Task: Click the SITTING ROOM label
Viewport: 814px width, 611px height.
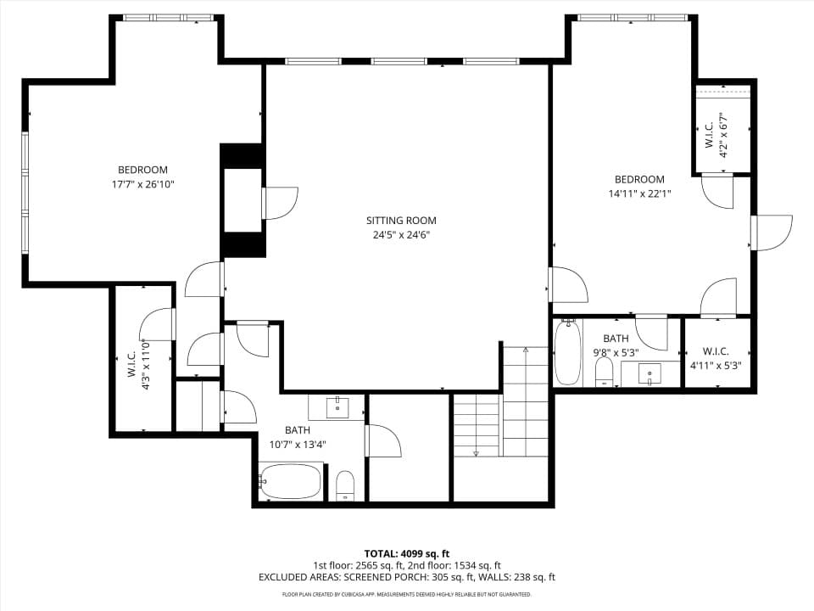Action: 401,221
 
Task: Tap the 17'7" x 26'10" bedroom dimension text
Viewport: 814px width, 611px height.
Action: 142,184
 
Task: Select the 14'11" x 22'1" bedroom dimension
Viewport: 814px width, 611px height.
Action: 639,193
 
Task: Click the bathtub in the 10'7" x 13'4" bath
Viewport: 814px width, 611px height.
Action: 290,480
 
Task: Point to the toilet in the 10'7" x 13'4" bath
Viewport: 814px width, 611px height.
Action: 345,485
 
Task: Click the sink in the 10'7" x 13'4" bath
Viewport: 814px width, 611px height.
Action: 337,407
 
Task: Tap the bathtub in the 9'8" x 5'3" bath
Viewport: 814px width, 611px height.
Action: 567,352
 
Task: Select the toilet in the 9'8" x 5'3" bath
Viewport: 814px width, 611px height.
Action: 604,372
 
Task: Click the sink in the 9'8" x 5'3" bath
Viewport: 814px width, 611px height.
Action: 650,374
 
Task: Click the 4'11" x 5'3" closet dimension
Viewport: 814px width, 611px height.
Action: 716,365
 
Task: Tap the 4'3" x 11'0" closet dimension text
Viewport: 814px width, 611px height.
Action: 146,365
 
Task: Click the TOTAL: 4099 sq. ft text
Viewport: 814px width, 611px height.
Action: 406,553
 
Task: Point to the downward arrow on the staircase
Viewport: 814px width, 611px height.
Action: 476,453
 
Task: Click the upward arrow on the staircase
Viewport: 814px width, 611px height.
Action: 526,350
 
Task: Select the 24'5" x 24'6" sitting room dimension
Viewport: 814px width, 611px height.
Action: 401,235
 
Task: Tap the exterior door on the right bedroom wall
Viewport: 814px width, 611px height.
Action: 771,233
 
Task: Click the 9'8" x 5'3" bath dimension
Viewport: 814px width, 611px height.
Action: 616,353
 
